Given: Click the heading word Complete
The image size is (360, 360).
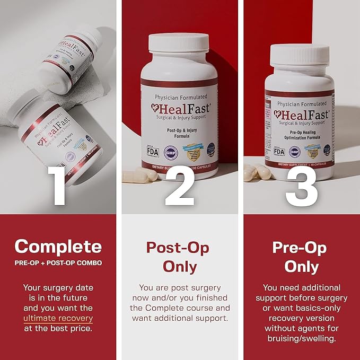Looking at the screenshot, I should (58, 246).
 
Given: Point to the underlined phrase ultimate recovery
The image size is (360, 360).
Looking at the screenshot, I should (58, 319).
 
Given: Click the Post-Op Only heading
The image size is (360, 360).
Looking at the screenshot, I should (178, 257).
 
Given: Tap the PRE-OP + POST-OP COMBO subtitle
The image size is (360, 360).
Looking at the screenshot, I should (58, 263).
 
